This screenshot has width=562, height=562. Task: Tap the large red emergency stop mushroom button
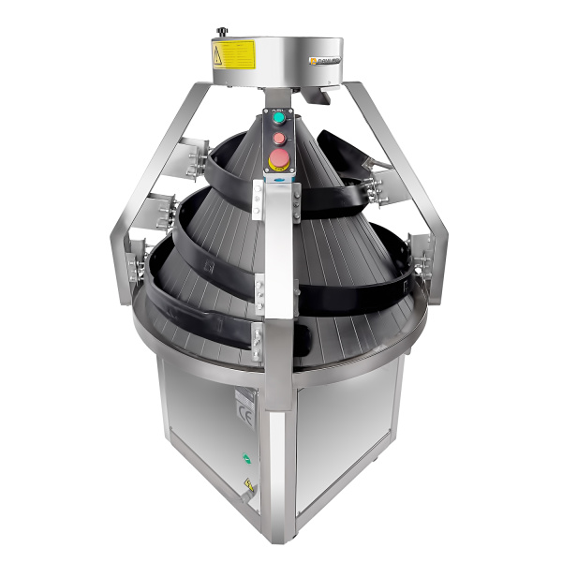click(x=278, y=155)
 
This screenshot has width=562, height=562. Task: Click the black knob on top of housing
click(x=223, y=33)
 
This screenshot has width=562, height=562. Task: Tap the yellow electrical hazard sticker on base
click(x=249, y=486)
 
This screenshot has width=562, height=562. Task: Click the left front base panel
click(x=206, y=431)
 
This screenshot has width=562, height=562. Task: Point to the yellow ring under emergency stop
click(x=278, y=165)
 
